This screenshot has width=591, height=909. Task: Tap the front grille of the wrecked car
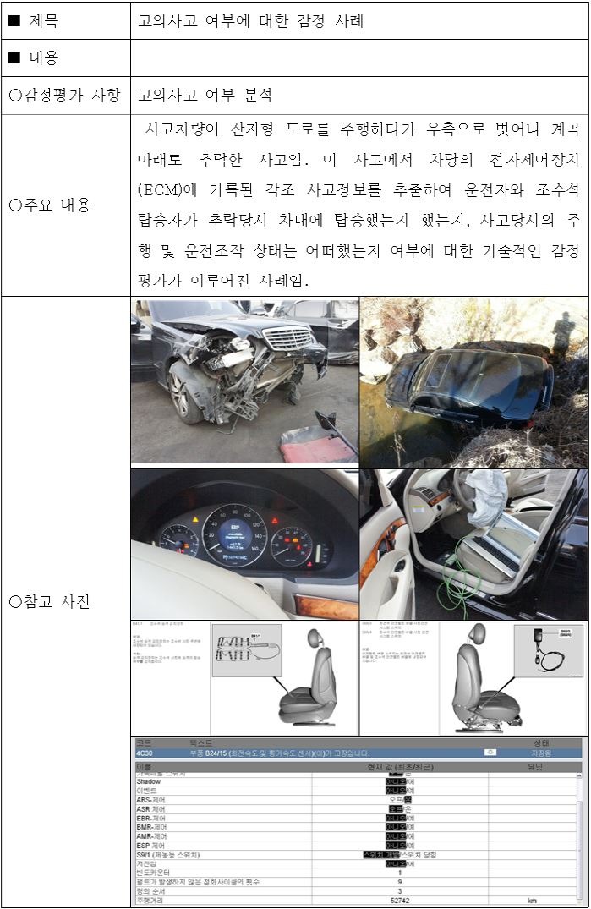287,338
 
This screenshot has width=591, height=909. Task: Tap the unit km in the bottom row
531,901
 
